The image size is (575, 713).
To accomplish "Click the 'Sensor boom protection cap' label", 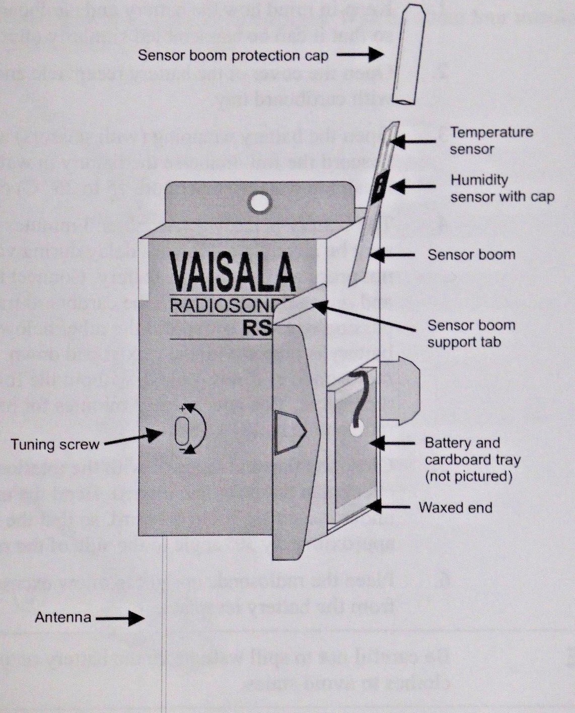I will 233,55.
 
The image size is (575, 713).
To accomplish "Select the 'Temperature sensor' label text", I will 491,141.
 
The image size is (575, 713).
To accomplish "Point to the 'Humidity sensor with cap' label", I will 501,188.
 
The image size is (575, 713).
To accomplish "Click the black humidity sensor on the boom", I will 380,186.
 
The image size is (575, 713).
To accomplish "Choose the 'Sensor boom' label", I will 471,254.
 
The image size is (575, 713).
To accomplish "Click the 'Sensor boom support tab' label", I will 471,334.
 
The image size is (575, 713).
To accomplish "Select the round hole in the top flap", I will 260,203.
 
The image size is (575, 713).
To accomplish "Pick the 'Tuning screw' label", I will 55,444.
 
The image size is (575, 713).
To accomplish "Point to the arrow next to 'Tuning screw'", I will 134,438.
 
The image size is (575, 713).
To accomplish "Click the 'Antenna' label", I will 63,617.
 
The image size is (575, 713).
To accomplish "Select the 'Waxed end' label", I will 455,507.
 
